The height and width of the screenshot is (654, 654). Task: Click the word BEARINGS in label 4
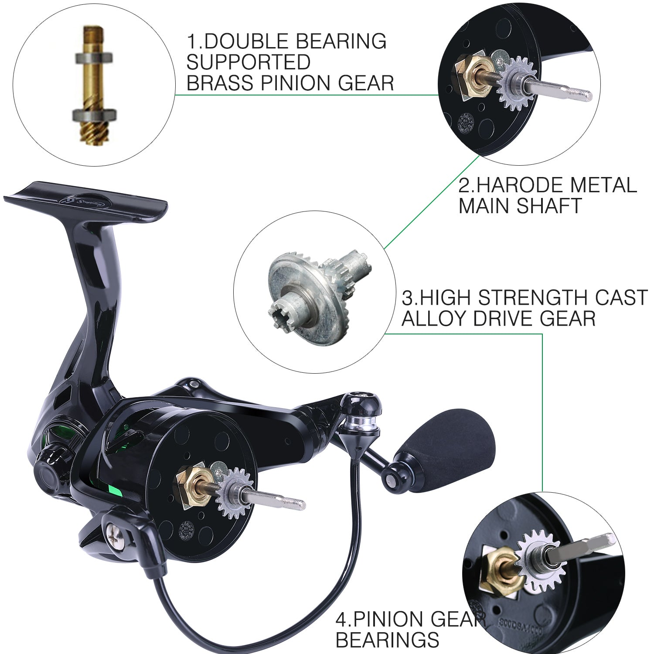pos(387,640)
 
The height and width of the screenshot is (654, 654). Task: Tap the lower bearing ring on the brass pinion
pos(93,116)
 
